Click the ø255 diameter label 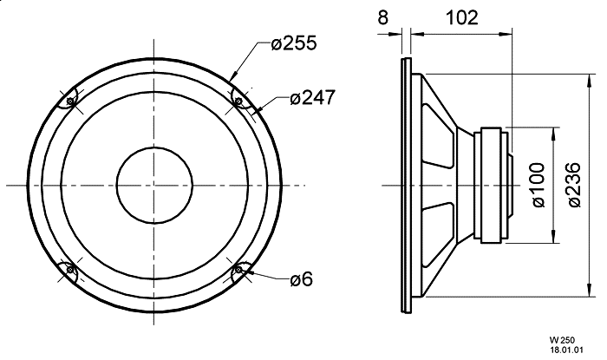point(293,43)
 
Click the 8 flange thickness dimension point(383,18)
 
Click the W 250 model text point(561,340)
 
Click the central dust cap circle point(153,185)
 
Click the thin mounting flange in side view point(405,185)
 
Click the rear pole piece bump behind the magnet point(510,185)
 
